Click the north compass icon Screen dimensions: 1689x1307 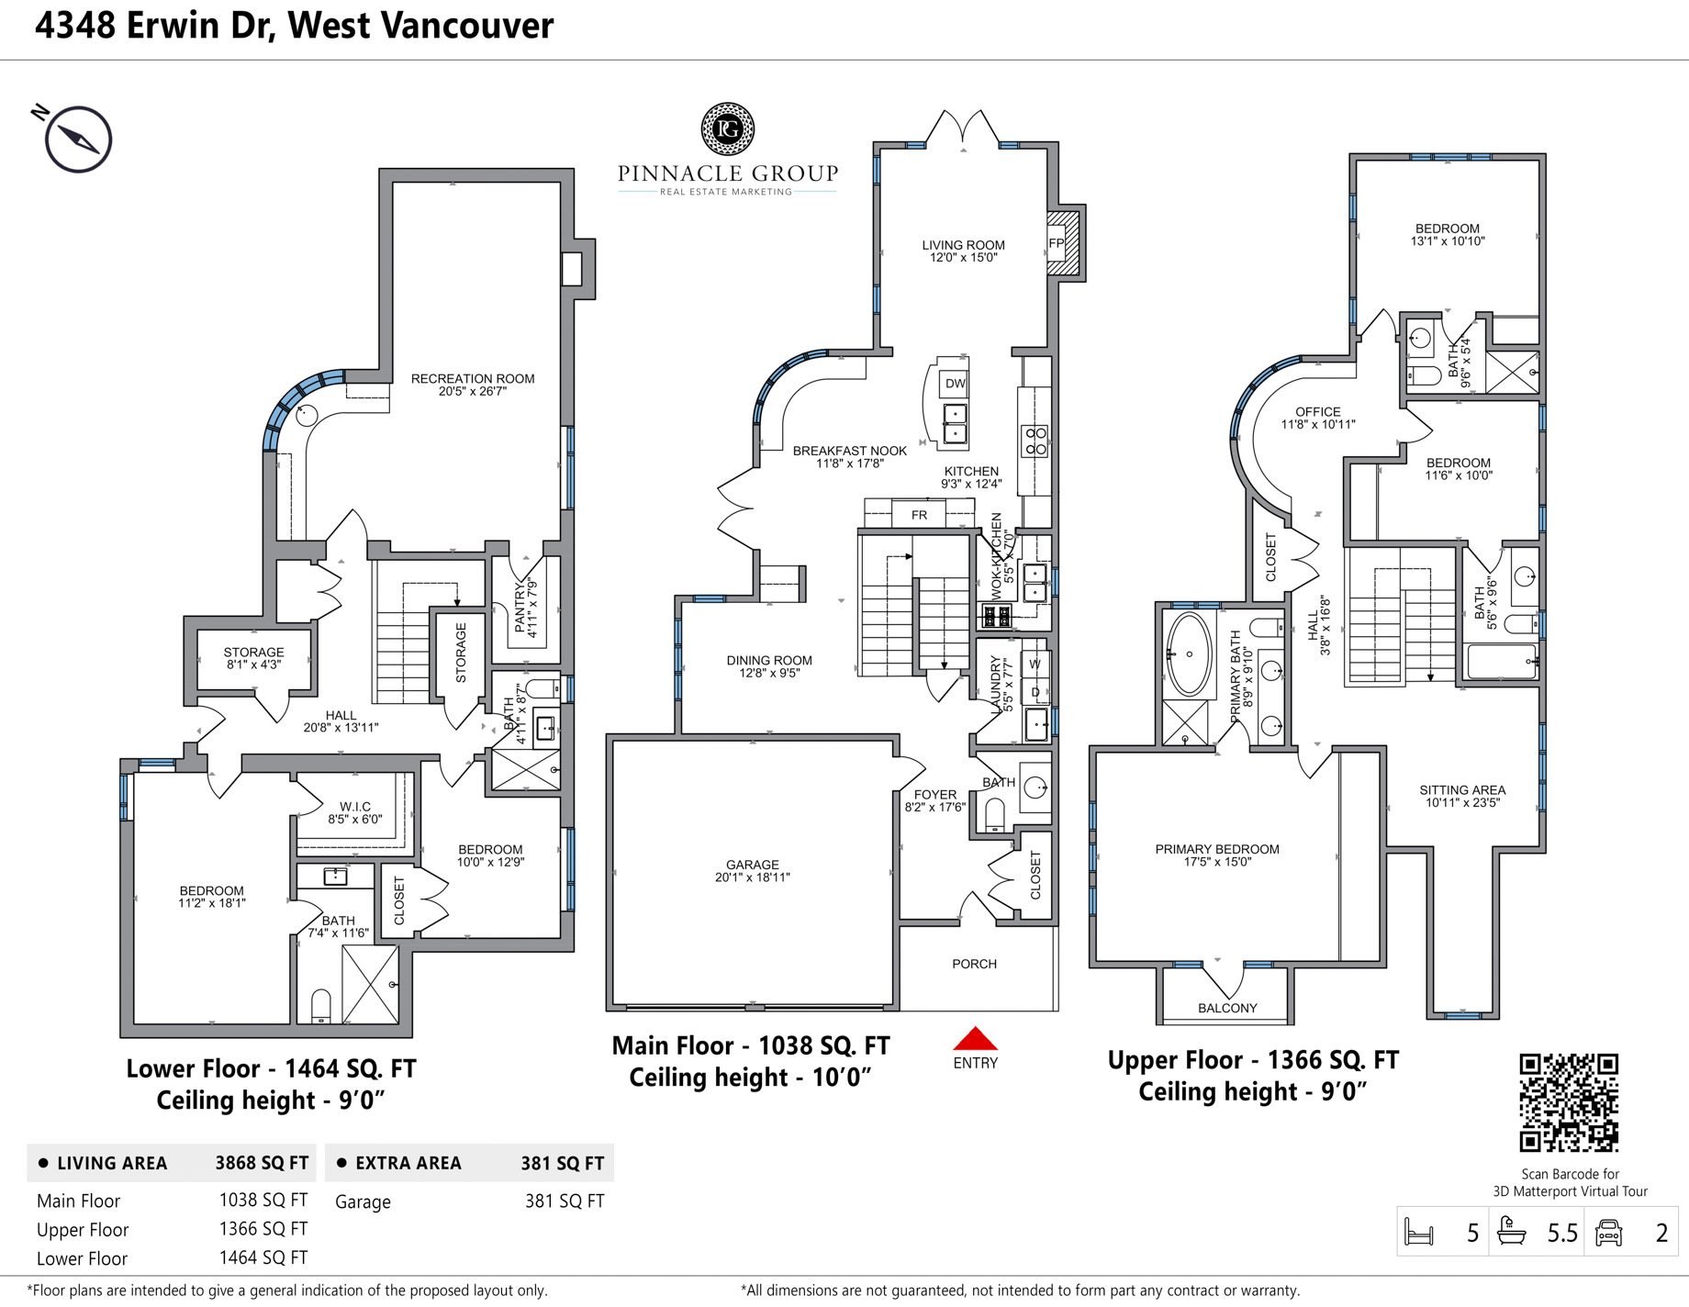[x=78, y=140]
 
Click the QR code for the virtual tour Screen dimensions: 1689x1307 [x=1569, y=1102]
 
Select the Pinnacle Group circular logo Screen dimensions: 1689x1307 [x=728, y=128]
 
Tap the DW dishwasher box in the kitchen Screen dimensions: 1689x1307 [x=955, y=384]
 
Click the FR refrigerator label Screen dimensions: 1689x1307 [x=920, y=515]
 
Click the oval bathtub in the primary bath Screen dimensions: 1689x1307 [x=1189, y=654]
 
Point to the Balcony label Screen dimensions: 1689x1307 [x=1227, y=1008]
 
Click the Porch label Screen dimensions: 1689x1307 [x=974, y=964]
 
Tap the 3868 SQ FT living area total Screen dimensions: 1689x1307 [x=262, y=1163]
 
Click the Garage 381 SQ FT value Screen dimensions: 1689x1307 [x=565, y=1201]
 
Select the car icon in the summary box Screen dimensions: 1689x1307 [x=1609, y=1232]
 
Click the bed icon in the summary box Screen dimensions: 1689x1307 [x=1419, y=1232]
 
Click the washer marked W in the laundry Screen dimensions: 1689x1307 [x=1035, y=664]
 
